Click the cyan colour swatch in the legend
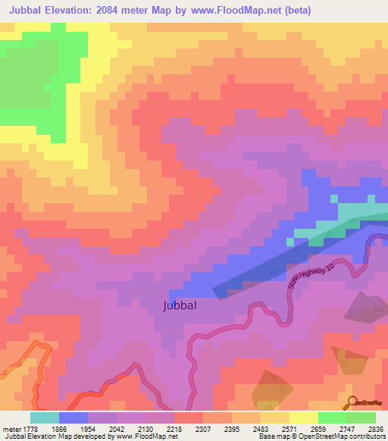point(45,418)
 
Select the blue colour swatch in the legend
point(74,418)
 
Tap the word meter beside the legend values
point(14,428)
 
